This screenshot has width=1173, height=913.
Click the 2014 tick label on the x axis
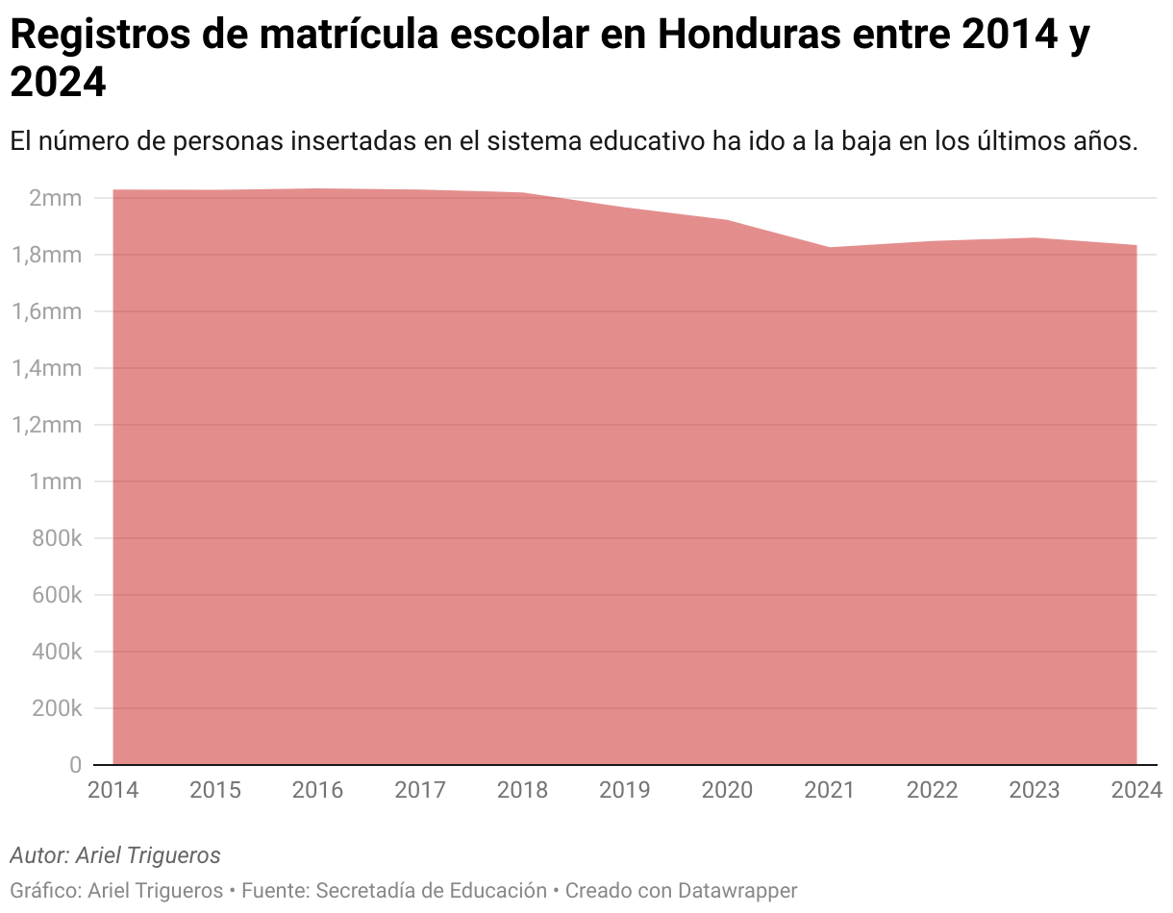pos(113,790)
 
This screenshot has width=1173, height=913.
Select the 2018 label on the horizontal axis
pos(522,790)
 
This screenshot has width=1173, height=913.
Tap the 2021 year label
pos(829,790)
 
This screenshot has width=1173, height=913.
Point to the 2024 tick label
pos(1136,790)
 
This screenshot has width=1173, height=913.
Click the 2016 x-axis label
pos(317,790)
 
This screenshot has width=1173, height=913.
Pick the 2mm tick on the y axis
pos(55,199)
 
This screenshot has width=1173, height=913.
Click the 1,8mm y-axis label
pos(47,256)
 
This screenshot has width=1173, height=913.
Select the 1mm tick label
pos(55,481)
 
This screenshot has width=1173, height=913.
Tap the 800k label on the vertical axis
pos(56,538)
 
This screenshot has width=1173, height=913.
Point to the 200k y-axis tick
pos(56,708)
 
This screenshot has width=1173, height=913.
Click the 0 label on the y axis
pos(75,765)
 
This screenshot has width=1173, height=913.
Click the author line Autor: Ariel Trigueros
pos(115,855)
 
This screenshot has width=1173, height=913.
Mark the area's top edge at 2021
pos(829,248)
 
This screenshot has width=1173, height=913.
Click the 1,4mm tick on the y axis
pos(47,368)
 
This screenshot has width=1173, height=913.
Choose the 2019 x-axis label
pos(624,790)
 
